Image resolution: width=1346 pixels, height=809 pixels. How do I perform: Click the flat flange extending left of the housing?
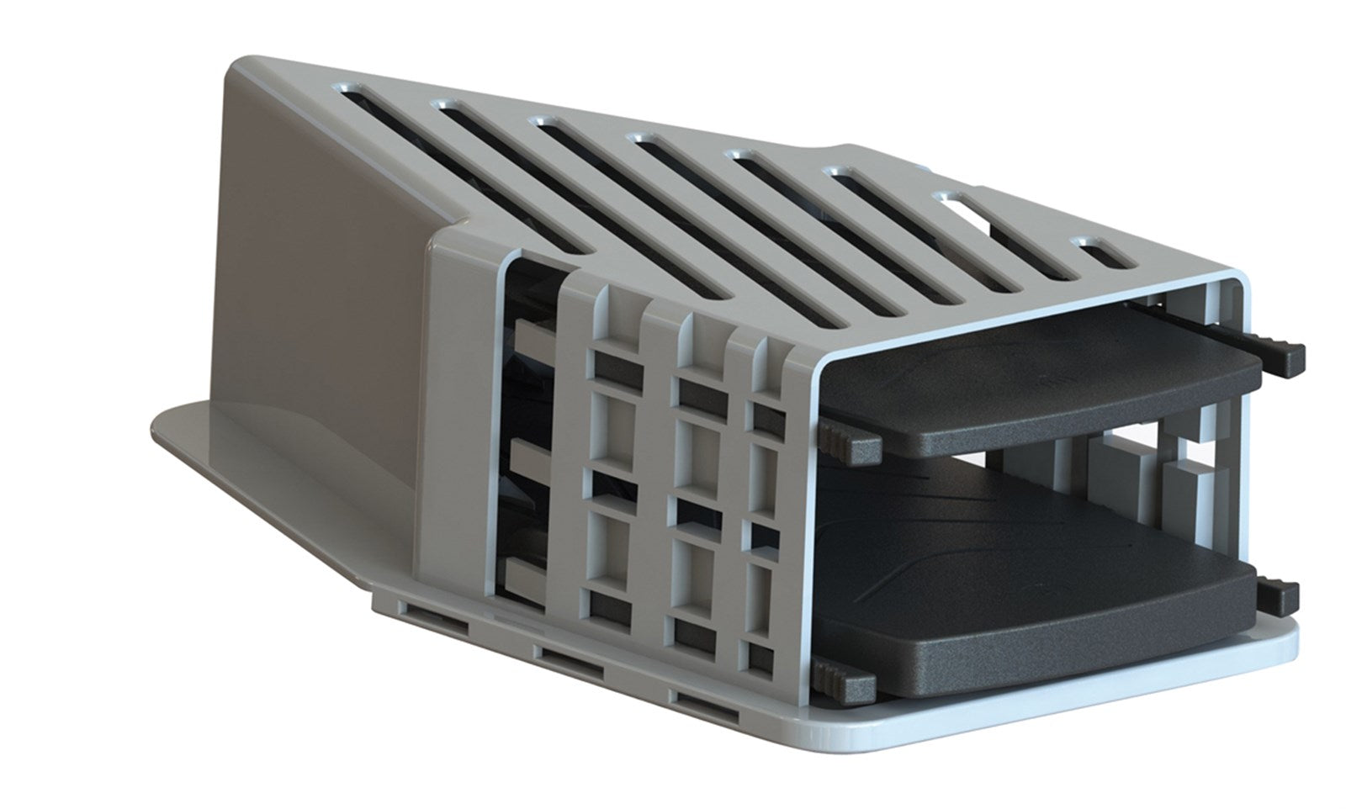pyautogui.click(x=252, y=471)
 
